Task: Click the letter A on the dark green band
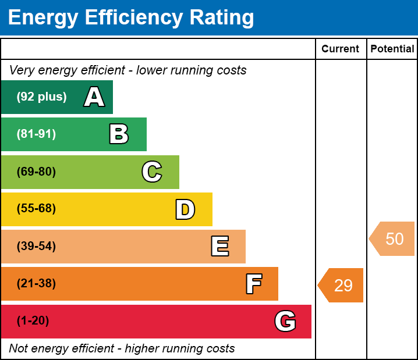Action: coord(94,97)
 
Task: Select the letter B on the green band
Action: coord(119,134)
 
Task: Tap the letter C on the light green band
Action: coord(152,172)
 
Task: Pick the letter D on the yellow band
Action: coord(185,209)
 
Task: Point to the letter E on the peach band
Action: coord(219,247)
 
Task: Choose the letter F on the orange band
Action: coord(253,284)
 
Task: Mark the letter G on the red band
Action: coord(285,321)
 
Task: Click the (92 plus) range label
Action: coord(41,97)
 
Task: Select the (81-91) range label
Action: coord(36,134)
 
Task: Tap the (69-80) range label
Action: coord(36,172)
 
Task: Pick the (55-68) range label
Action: coord(36,209)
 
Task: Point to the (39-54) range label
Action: coord(36,246)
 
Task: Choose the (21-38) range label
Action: coord(36,284)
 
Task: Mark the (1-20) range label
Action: coord(33,321)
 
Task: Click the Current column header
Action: coord(341,49)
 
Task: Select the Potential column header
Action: coord(392,49)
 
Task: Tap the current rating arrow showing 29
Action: coord(342,286)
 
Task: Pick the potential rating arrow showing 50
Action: coord(393,239)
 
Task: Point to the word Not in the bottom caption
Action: coord(19,349)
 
